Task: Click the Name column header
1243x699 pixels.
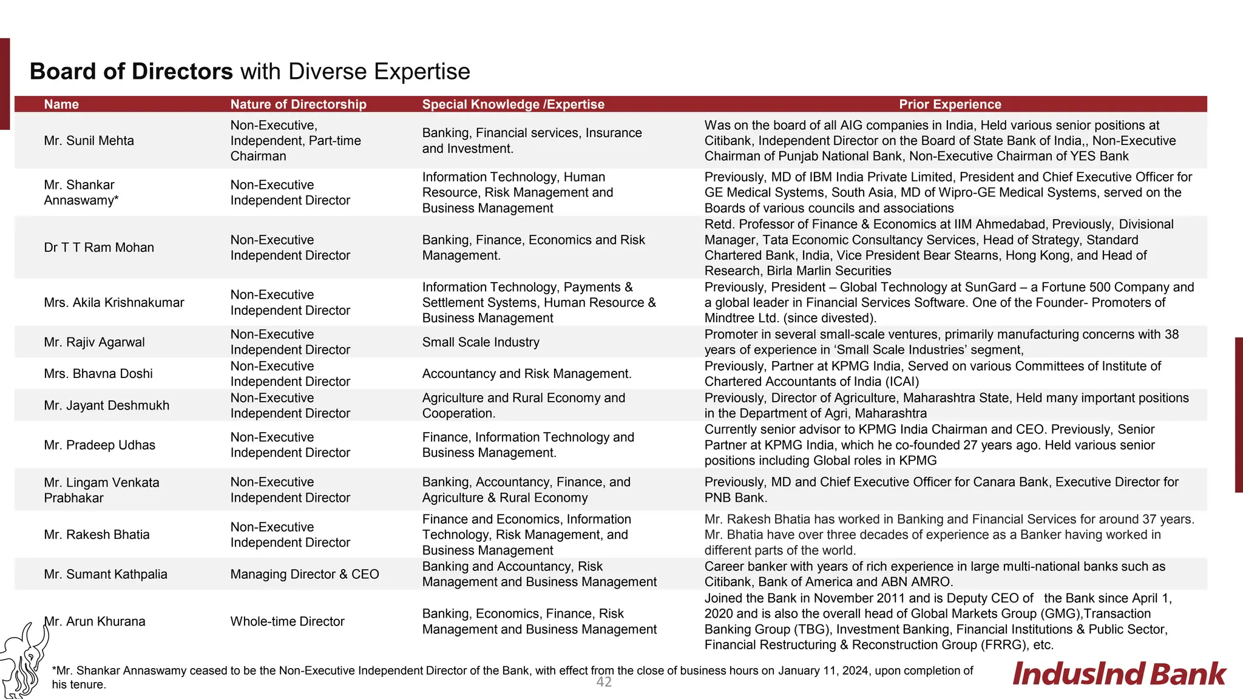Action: point(61,104)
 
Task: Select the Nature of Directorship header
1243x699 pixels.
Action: point(298,104)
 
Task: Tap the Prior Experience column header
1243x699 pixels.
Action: point(950,104)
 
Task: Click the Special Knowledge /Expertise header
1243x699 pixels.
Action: point(513,104)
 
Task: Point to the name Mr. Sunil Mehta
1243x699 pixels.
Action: point(89,141)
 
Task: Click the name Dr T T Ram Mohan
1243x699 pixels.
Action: point(99,248)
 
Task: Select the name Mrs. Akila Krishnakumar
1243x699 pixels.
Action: point(113,303)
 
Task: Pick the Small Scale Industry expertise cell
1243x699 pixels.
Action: point(481,342)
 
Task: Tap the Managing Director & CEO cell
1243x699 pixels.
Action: point(304,574)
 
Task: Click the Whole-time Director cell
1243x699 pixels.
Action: point(287,621)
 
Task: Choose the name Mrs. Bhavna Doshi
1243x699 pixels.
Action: point(98,374)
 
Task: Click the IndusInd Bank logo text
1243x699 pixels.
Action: point(1119,674)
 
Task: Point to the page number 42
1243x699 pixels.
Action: point(604,682)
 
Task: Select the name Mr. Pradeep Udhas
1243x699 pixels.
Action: point(100,445)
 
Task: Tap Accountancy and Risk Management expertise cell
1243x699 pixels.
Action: point(527,374)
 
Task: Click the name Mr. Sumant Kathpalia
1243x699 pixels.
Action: point(106,574)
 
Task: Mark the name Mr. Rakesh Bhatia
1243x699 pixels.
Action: point(97,535)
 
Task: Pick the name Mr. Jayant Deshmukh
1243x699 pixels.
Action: point(106,405)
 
